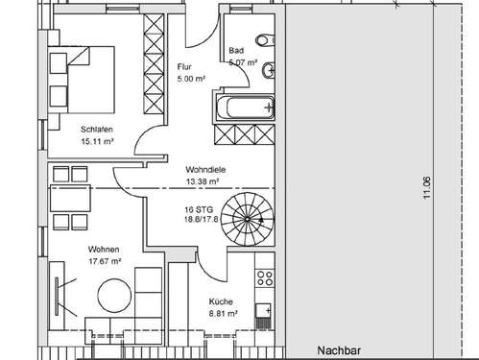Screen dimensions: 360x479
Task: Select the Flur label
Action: [184, 67]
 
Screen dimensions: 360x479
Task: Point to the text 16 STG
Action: [198, 208]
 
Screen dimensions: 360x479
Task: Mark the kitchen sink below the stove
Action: [265, 310]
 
